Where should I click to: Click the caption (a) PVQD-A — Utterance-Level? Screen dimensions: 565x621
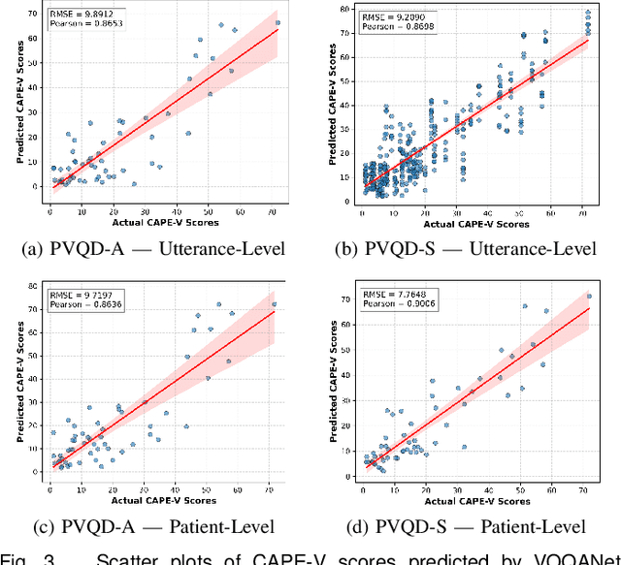pyautogui.click(x=153, y=248)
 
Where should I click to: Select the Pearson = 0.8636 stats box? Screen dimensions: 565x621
pyautogui.click(x=82, y=303)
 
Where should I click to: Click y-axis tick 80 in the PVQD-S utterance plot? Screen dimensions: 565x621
pyautogui.click(x=345, y=9)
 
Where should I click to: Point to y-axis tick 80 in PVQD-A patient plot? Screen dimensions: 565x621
pyautogui.click(x=35, y=288)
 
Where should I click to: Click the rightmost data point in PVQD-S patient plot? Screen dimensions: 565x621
pyautogui.click(x=588, y=297)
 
